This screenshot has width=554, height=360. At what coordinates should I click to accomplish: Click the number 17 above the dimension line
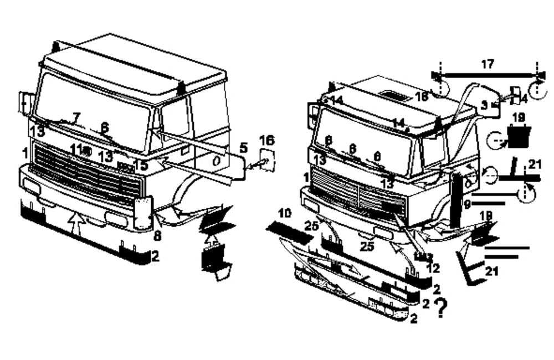(x=487, y=65)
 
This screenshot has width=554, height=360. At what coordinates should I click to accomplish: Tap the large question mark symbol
(x=441, y=308)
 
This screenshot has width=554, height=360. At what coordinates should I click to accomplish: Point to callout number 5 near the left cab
(x=243, y=148)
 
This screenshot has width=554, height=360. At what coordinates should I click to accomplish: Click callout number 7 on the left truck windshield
(x=76, y=117)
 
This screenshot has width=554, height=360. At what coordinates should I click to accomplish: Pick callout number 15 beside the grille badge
(x=141, y=165)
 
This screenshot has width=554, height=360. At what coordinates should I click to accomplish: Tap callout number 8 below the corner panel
(x=157, y=236)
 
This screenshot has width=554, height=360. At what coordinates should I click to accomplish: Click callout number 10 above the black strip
(x=284, y=213)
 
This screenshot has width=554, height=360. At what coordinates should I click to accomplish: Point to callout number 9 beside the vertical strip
(x=467, y=204)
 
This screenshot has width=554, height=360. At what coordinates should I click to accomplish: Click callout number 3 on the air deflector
(x=484, y=104)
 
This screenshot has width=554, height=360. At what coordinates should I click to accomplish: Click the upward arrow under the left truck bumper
(x=76, y=224)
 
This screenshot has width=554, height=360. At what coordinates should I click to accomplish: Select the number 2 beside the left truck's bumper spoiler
(x=156, y=256)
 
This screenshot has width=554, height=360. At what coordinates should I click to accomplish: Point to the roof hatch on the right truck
(x=394, y=96)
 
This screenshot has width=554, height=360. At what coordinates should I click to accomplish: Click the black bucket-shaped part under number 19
(x=519, y=136)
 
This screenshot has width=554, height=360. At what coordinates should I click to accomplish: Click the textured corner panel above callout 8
(x=143, y=213)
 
